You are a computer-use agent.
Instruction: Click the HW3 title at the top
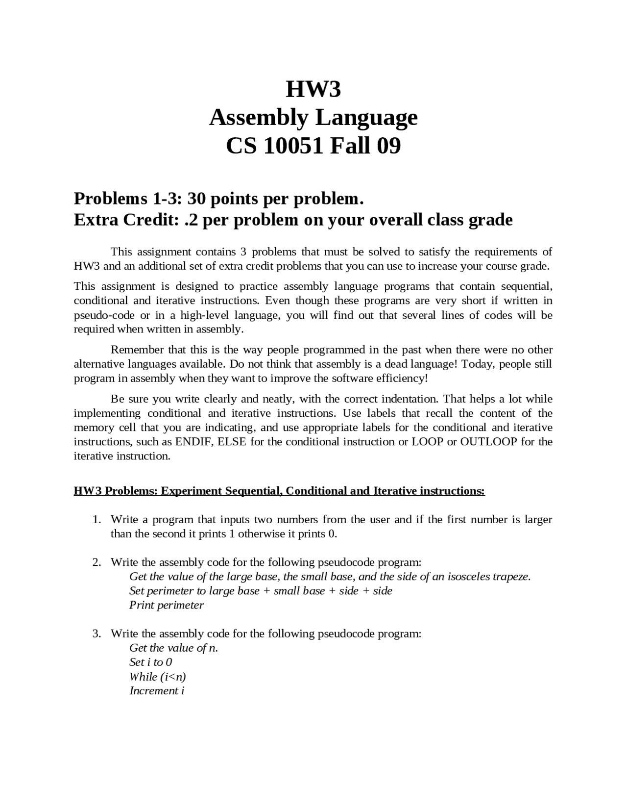tap(313, 89)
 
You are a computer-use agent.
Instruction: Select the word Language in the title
tap(366, 118)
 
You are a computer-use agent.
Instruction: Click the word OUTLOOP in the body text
tap(488, 441)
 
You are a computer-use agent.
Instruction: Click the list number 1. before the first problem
tap(97, 519)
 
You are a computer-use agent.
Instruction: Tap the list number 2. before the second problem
tap(97, 562)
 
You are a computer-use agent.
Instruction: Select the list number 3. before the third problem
tap(97, 634)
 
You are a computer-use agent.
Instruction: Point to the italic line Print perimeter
tap(166, 605)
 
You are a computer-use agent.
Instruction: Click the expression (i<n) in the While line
tap(173, 677)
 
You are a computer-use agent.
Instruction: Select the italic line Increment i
tap(157, 691)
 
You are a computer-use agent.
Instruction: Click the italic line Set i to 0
tap(150, 662)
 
